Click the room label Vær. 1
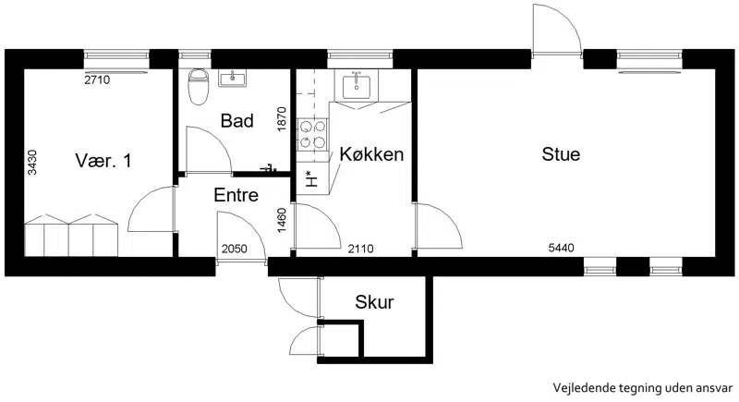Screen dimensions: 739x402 point(103,161)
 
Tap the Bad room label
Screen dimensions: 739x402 point(237,121)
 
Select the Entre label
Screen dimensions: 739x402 point(236,195)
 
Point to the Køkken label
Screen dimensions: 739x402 point(371,154)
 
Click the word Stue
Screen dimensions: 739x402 point(561,154)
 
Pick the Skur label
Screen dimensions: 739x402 point(374,302)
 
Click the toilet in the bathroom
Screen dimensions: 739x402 point(198,86)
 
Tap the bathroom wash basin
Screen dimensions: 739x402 point(233,78)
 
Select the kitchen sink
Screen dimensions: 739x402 point(357,85)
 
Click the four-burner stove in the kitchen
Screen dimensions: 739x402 point(312,135)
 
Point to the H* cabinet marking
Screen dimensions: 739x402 point(311,178)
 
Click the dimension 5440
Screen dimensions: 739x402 point(561,248)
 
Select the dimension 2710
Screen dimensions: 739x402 point(97,79)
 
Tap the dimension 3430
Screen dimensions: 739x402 point(32,162)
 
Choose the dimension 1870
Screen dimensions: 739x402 point(282,119)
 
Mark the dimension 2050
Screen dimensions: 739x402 point(235,249)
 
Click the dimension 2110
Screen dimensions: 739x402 point(360,249)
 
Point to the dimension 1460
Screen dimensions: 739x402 point(282,220)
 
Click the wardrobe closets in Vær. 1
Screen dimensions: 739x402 point(71,235)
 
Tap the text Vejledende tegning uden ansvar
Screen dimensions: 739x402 point(643,388)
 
